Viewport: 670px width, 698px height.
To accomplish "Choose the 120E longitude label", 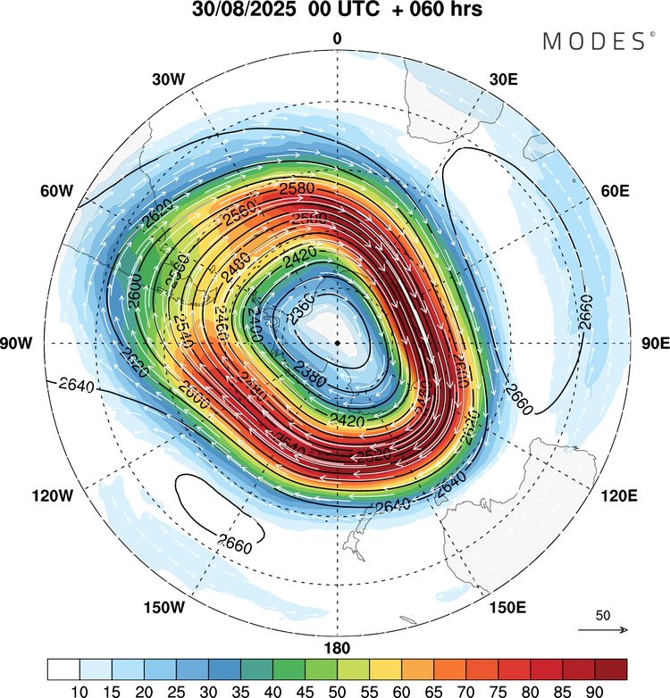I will [x=617, y=495].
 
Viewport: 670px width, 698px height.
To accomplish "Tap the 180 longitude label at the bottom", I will [x=337, y=648].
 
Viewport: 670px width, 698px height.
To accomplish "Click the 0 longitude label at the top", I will [x=337, y=38].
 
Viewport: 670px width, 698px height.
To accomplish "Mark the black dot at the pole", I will [x=337, y=343].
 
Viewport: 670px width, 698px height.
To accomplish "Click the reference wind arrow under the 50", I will [x=603, y=630].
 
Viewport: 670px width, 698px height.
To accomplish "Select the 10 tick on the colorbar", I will [x=80, y=690].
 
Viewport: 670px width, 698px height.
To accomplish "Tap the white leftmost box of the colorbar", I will [x=63, y=669].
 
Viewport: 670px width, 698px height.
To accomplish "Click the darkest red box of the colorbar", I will [x=610, y=669].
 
